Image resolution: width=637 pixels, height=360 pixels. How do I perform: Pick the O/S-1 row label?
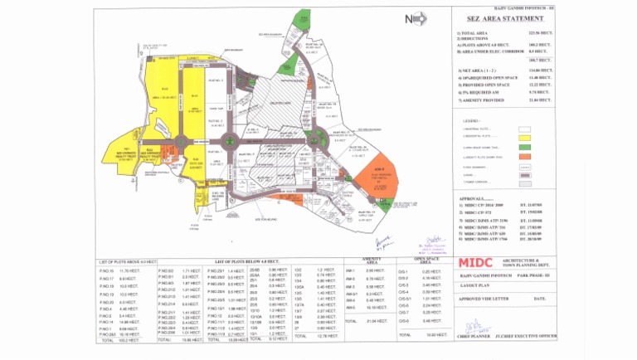click(x=404, y=271)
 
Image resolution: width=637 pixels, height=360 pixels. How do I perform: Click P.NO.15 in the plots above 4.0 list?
click(x=106, y=271)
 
